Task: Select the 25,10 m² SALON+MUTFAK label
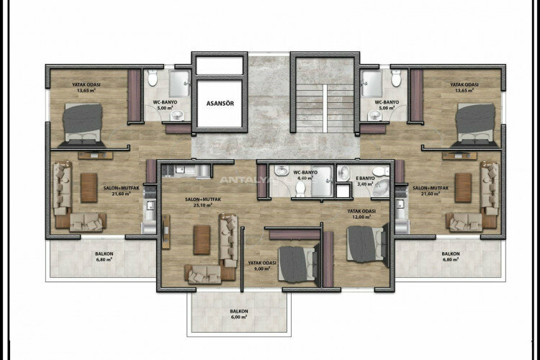click(202, 202)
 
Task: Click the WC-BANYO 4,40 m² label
click(305, 176)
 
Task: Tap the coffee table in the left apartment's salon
click(89, 187)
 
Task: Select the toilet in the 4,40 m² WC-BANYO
click(300, 189)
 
